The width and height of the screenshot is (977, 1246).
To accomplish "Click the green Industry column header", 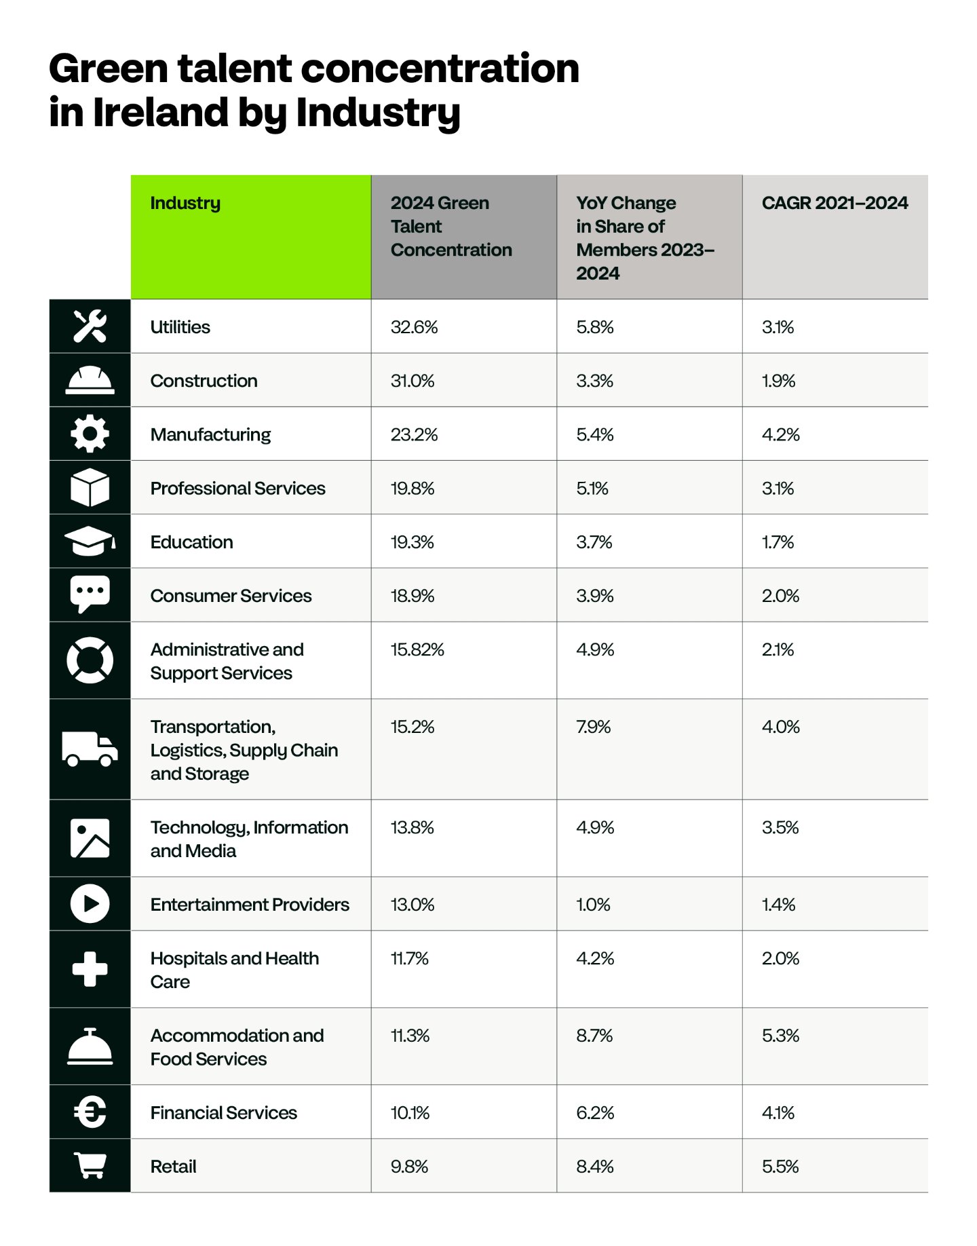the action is point(251,237).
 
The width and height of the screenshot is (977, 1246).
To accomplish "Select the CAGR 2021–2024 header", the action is point(835,203).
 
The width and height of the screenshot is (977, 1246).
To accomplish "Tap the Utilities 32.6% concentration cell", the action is point(414,327).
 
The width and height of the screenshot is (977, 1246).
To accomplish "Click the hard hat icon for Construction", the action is point(90,380).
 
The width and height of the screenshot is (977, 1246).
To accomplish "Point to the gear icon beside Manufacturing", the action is point(90,434).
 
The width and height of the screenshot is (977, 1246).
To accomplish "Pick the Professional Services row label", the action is point(238,488).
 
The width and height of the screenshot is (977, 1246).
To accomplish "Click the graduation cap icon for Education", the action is point(90,541).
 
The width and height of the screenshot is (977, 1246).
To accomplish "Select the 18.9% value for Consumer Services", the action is point(413,596).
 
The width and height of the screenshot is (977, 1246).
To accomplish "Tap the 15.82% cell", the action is point(417,649).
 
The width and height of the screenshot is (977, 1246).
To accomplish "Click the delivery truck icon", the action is point(90,749).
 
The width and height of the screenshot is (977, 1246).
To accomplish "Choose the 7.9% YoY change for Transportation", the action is point(594,727).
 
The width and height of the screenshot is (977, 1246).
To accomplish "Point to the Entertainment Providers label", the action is point(250,905).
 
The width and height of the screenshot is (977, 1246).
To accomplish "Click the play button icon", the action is point(90,903).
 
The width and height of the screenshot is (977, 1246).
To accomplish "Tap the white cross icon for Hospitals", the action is point(90,968).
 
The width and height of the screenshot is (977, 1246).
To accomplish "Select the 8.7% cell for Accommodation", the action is point(594,1036).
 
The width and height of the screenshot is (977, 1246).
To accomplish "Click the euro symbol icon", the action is point(90,1112).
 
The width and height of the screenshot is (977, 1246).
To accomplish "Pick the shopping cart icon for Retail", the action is point(90,1165).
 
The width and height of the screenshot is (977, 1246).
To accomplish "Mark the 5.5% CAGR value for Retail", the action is point(780,1167).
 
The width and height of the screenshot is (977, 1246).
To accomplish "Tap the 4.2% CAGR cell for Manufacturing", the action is point(781,434).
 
